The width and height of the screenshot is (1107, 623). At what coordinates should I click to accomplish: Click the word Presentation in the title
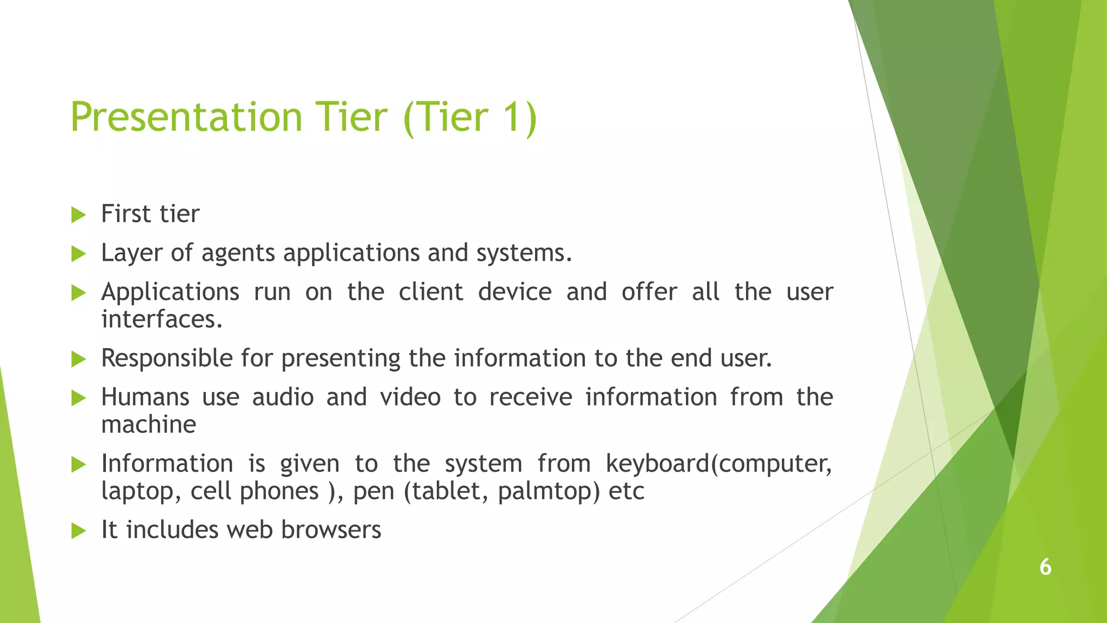(x=186, y=117)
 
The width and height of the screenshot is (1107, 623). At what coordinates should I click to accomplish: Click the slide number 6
(x=1045, y=567)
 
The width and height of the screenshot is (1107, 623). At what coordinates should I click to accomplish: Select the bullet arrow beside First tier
(x=79, y=215)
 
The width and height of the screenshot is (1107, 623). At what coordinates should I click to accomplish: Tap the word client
(x=431, y=292)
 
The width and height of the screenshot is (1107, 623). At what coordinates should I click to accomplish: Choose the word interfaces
(x=162, y=319)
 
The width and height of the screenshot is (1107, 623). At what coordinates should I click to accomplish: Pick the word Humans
(x=145, y=397)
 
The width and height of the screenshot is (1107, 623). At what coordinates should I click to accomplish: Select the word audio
(x=283, y=397)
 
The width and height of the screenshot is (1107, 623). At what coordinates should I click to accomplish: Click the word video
(x=410, y=397)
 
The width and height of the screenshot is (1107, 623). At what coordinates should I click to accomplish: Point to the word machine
(x=149, y=425)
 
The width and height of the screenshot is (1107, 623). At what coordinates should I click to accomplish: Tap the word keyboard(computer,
(x=718, y=464)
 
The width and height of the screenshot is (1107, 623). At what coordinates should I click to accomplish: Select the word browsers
(x=331, y=530)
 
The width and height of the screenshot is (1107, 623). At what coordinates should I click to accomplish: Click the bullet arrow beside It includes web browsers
(x=79, y=531)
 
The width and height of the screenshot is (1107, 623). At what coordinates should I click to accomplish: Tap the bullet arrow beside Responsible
(x=79, y=359)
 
